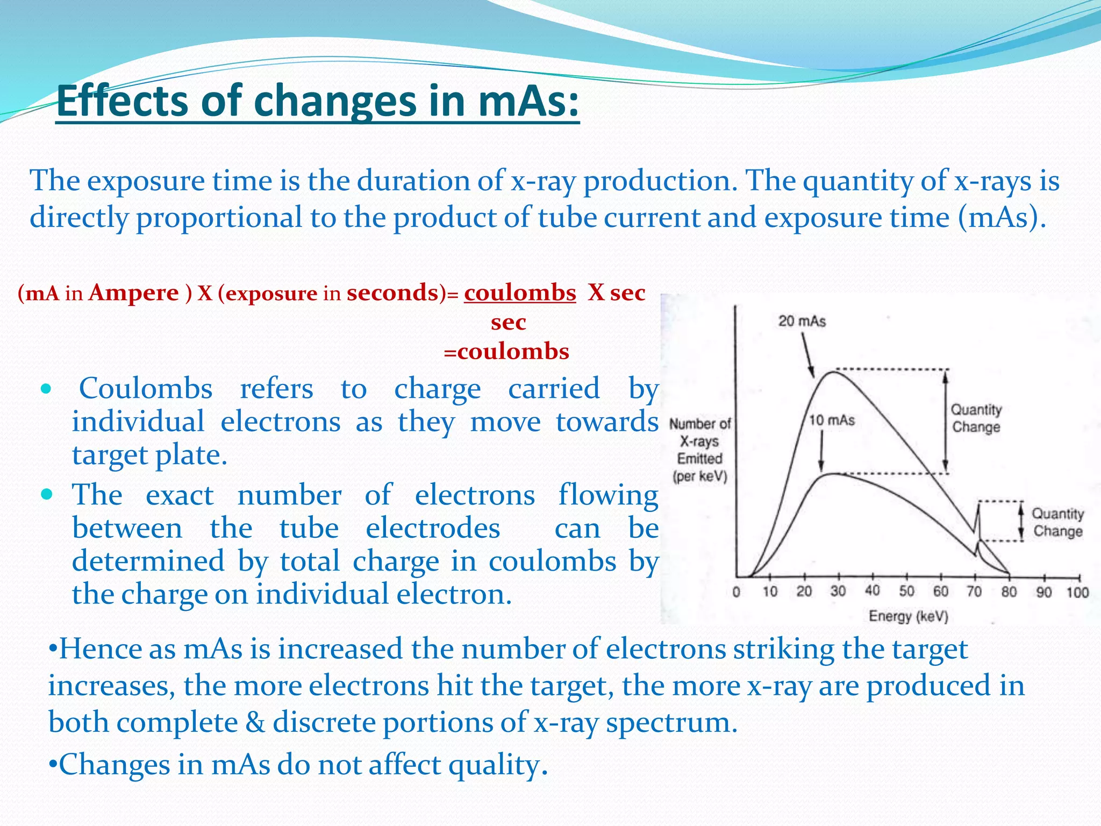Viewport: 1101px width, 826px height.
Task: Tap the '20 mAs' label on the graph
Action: [x=802, y=321]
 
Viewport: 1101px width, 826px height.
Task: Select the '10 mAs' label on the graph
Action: [x=832, y=420]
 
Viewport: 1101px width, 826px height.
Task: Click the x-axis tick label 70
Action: [x=974, y=592]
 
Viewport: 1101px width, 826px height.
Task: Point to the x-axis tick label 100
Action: [x=1077, y=592]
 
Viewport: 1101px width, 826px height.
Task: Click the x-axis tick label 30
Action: [x=838, y=592]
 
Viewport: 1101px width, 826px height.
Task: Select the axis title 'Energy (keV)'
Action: [x=908, y=616]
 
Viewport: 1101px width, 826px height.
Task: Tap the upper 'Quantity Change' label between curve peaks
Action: [x=976, y=418]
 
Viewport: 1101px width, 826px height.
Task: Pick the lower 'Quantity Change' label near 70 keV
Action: [x=1057, y=522]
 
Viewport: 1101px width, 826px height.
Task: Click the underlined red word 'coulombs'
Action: [x=520, y=293]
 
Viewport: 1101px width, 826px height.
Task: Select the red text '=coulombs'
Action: [x=506, y=352]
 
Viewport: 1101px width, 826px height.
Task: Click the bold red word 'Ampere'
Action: [x=133, y=293]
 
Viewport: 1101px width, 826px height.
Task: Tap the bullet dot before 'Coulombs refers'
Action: [x=47, y=388]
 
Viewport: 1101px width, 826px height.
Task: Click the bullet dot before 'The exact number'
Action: [x=47, y=494]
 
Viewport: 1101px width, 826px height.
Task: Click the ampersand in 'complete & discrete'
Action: [x=255, y=722]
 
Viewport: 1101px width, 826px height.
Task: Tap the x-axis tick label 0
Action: [x=736, y=592]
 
